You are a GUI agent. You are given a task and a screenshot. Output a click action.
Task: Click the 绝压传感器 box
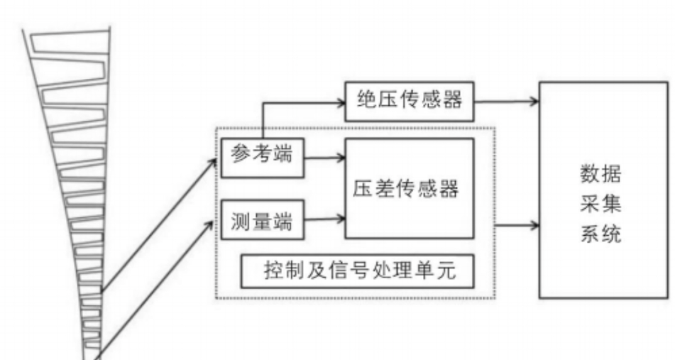pyautogui.click(x=409, y=100)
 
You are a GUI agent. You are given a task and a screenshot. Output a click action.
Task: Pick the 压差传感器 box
pyautogui.click(x=409, y=188)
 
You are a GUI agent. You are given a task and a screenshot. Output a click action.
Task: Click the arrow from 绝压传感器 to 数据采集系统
pyautogui.click(x=505, y=100)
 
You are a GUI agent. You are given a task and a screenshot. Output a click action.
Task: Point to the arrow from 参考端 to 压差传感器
pyautogui.click(x=323, y=158)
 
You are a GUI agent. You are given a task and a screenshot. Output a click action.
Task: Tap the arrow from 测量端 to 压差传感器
pyautogui.click(x=323, y=219)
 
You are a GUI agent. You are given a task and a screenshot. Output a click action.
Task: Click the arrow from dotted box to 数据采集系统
pyautogui.click(x=517, y=226)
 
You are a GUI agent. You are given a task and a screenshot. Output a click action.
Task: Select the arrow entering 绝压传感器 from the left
pyautogui.click(x=305, y=101)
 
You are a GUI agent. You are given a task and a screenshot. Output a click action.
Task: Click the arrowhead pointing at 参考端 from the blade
pyautogui.click(x=212, y=160)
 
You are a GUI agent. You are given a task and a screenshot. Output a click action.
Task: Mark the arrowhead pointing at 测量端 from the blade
pyautogui.click(x=210, y=223)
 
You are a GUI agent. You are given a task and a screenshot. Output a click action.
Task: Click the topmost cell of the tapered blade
pyautogui.click(x=67, y=40)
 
